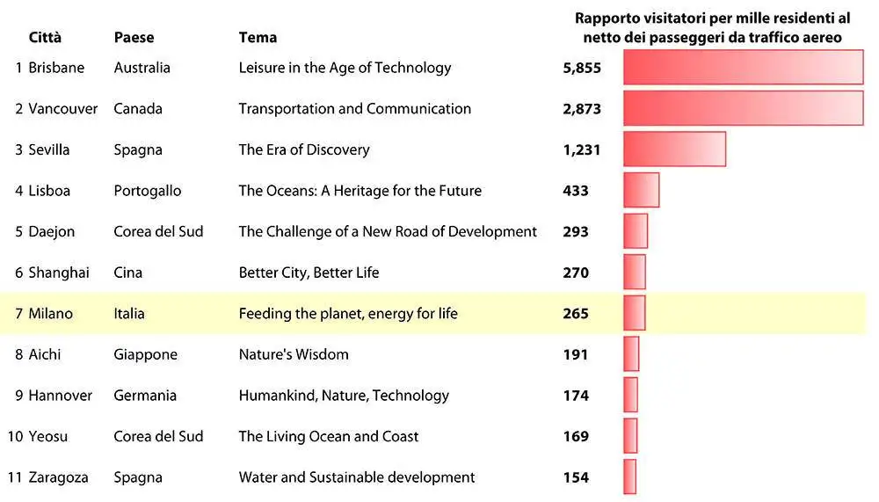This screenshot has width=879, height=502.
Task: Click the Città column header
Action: point(45,37)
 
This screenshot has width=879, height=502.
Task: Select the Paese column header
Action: point(134,37)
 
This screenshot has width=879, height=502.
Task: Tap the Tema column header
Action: point(258,37)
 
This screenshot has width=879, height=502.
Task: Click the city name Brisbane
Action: point(56,68)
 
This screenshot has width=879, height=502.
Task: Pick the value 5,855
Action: point(582,68)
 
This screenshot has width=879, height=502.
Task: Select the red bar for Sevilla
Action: point(674,149)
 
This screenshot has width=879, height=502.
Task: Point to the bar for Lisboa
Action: point(642,190)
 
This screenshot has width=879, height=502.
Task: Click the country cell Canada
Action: point(138,108)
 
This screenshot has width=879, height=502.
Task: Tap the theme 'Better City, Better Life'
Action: point(309,273)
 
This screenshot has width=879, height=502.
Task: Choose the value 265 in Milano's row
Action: point(576,314)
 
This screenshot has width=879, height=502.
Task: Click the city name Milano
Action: point(50,314)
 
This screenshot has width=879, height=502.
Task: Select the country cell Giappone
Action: point(146,354)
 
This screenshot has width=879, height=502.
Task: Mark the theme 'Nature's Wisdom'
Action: point(294,354)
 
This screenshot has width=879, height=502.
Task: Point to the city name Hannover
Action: point(61,396)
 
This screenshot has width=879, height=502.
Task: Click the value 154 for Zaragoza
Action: point(576,477)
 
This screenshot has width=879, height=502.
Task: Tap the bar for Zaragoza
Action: point(629,477)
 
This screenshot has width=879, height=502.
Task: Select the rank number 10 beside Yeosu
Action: point(15,436)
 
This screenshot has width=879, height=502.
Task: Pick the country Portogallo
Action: point(148,191)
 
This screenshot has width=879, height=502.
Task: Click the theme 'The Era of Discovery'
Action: point(304,149)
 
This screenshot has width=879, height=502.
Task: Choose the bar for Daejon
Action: point(636,231)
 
